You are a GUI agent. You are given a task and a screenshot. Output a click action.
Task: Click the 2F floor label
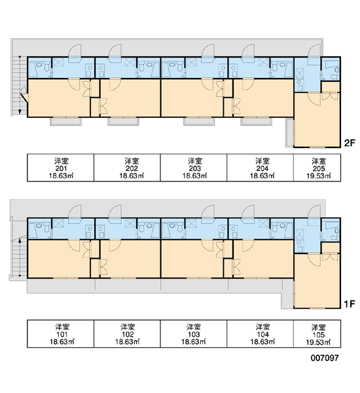350,143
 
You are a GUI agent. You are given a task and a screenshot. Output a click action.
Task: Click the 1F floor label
350,304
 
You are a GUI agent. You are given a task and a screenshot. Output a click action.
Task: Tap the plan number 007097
325,358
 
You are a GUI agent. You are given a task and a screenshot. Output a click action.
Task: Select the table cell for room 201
61,168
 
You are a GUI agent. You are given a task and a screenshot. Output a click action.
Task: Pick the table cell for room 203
194,168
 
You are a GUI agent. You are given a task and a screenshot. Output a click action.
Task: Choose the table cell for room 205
317,168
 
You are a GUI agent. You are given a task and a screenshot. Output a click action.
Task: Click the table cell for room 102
127,334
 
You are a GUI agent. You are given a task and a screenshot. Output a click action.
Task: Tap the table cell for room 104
261,334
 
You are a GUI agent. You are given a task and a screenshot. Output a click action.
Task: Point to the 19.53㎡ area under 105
318,343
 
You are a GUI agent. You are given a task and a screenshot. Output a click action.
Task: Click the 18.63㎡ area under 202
132,176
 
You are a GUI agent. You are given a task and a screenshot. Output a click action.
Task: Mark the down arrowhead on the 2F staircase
20,112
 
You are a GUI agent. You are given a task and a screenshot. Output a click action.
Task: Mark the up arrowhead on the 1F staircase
20,240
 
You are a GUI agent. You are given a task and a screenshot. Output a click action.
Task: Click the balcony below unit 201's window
66,121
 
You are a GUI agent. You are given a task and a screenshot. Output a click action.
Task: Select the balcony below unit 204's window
257,121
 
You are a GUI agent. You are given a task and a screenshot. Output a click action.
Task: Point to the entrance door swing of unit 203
208,51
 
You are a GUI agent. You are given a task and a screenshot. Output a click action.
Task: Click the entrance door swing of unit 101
75,212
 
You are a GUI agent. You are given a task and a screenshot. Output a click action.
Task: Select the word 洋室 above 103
194,327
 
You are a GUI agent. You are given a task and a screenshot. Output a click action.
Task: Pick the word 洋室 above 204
262,160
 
